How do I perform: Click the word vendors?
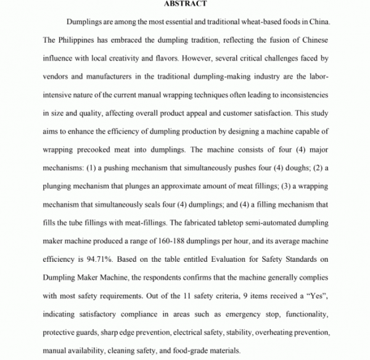pyautogui.click(x=58, y=78)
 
